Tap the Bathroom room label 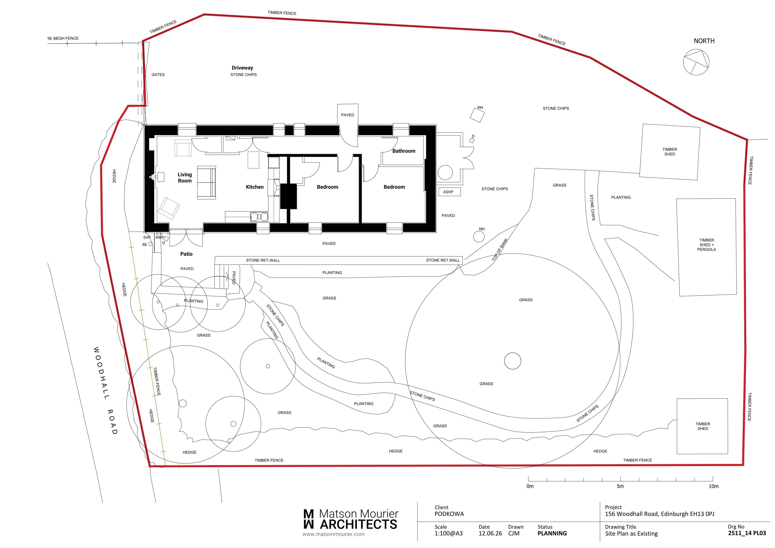tap(404, 151)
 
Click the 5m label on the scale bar tap(620, 486)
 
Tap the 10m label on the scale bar tap(714, 486)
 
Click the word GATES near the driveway tap(158, 75)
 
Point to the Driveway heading tap(242, 68)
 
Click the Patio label tap(186, 254)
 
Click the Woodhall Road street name tap(105, 390)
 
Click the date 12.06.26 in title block tap(490, 533)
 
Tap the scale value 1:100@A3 tap(449, 533)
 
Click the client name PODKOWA tap(449, 514)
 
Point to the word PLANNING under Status tap(552, 533)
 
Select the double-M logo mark tap(309, 519)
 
